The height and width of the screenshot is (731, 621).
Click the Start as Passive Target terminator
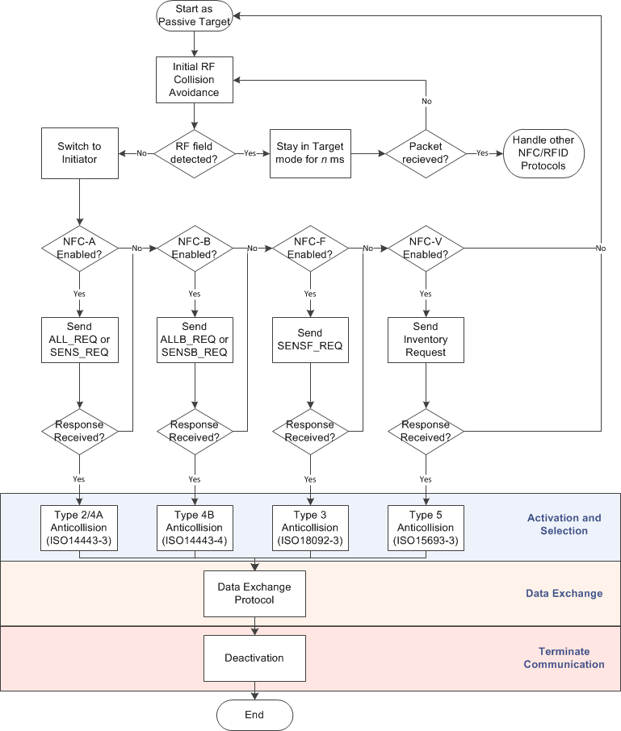point(194,17)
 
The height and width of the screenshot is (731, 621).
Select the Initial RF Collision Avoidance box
point(194,79)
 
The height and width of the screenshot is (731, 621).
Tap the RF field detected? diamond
point(194,152)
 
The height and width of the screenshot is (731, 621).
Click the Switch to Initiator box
point(79,152)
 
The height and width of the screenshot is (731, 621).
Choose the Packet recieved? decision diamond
point(426,152)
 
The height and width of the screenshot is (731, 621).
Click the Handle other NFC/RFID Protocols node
point(543,152)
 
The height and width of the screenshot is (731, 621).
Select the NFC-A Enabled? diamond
point(79,248)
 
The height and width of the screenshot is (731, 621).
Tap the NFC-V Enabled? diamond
point(426,248)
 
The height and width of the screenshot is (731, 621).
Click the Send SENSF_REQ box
point(310,340)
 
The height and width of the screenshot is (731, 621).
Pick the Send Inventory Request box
point(426,340)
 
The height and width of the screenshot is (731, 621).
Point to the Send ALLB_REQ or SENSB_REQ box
point(195,340)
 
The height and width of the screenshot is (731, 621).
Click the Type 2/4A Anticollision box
point(79,528)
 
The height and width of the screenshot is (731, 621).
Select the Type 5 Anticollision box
point(426,528)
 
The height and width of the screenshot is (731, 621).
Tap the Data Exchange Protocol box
point(254,593)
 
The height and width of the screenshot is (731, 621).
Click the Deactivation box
point(254,658)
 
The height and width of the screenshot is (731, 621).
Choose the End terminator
point(254,715)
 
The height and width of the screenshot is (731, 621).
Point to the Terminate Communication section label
point(564,658)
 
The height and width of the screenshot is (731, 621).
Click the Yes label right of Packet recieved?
point(483,152)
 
